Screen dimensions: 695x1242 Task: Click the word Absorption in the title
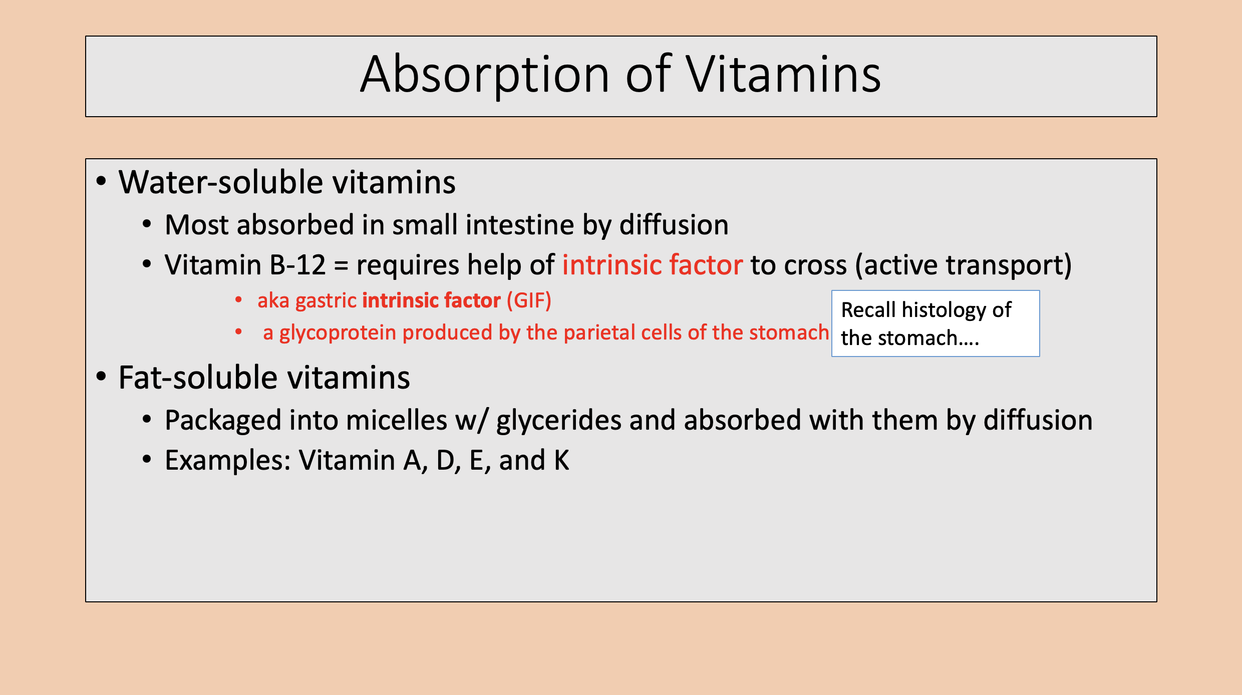484,75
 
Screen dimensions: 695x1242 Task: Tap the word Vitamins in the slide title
783,75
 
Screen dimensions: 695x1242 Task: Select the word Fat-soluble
198,378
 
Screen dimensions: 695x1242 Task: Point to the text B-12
297,265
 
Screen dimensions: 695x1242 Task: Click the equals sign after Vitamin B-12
341,266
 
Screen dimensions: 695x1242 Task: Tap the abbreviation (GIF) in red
529,301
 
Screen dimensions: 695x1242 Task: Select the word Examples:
228,460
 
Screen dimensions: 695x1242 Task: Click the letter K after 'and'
561,460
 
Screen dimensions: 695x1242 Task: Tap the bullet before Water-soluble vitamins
102,181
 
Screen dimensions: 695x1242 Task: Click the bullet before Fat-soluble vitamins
102,377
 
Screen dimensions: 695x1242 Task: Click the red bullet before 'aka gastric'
239,300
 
